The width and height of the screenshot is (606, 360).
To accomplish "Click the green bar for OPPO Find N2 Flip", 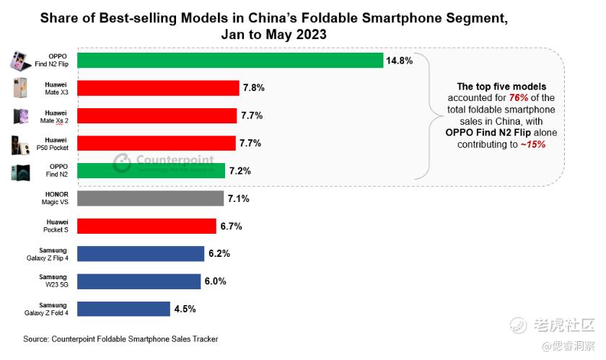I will [229, 61].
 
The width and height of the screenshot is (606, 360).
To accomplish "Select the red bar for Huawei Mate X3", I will [157, 88].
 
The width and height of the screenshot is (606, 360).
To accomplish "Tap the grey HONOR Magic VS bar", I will [149, 198].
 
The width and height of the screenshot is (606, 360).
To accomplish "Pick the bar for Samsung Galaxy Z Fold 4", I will [123, 309].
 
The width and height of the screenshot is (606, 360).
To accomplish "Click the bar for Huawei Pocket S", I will [146, 227].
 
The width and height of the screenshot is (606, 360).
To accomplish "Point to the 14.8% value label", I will [399, 61].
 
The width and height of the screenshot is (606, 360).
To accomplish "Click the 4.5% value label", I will [185, 309].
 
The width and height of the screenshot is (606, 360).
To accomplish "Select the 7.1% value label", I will [238, 198].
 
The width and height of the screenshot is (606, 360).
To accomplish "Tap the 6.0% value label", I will [216, 281].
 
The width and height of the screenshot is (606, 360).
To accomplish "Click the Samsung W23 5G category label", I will [53, 281].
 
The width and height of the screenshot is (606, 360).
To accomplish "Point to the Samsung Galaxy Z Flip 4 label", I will [48, 254].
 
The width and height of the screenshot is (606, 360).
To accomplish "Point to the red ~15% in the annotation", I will [532, 144].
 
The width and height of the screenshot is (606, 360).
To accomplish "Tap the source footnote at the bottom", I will [120, 338].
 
